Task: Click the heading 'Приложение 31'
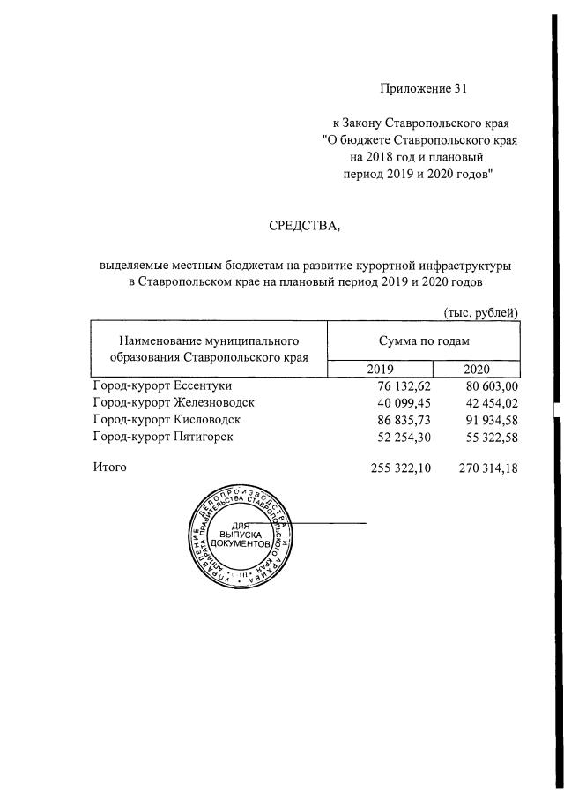pos(421,87)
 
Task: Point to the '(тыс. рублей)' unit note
pos(479,312)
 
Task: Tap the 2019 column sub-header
pos(381,369)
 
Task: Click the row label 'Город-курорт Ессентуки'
pos(159,385)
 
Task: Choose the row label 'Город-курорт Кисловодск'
pos(166,419)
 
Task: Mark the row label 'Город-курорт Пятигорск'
pos(162,436)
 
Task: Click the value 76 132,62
pos(400,386)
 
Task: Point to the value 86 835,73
pos(400,420)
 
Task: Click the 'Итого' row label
pos(110,467)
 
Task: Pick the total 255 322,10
pos(396,468)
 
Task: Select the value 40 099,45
pos(400,403)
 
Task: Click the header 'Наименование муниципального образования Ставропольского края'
pos(209,348)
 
